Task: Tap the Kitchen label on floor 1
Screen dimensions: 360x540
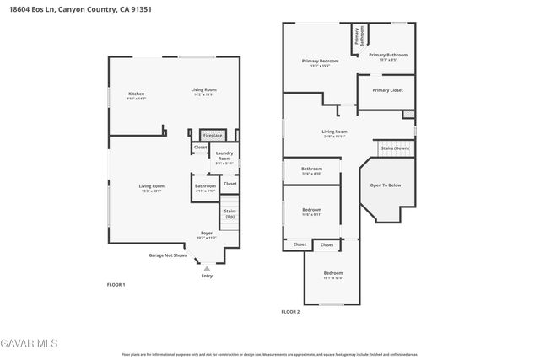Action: [x=137, y=95]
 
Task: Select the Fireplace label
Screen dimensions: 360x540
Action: [x=212, y=135]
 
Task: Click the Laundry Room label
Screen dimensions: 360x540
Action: [x=224, y=157]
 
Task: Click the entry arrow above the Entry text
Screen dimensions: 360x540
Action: [x=207, y=268]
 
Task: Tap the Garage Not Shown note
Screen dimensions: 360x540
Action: [x=168, y=255]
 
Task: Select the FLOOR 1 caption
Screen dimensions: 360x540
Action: [x=116, y=285]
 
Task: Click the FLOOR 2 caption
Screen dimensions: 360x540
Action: [x=291, y=312]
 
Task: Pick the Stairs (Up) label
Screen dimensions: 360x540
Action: [x=229, y=214]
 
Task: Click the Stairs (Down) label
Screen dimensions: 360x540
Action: [x=395, y=148]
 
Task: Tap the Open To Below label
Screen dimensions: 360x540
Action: [x=386, y=185]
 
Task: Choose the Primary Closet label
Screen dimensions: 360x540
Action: [x=387, y=89]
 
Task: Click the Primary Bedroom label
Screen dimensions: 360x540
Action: [x=321, y=62]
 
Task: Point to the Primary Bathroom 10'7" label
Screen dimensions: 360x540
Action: [x=388, y=57]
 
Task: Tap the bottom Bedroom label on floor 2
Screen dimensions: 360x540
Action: [x=333, y=275]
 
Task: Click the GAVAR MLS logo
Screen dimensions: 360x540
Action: [x=30, y=343]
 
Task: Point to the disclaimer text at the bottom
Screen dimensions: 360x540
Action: [x=270, y=355]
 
